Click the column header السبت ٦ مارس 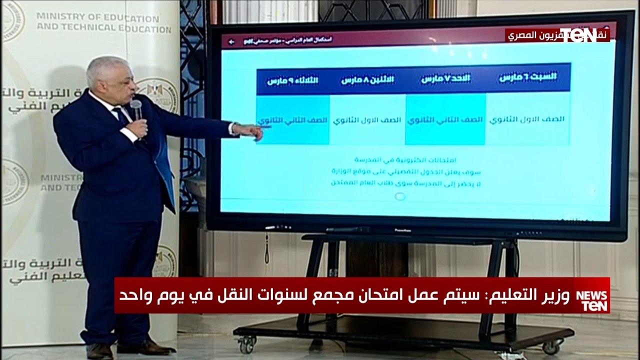coord(528,78)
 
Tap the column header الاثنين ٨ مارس coord(367,79)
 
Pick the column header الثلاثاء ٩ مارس coord(293,80)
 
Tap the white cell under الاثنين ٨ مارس coord(367,120)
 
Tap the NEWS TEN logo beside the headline coord(591,300)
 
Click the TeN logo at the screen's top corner coord(577,34)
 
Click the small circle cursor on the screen coord(399,196)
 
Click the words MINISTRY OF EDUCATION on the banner coord(97,18)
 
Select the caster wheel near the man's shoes coord(245,343)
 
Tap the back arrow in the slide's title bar coord(231,41)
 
